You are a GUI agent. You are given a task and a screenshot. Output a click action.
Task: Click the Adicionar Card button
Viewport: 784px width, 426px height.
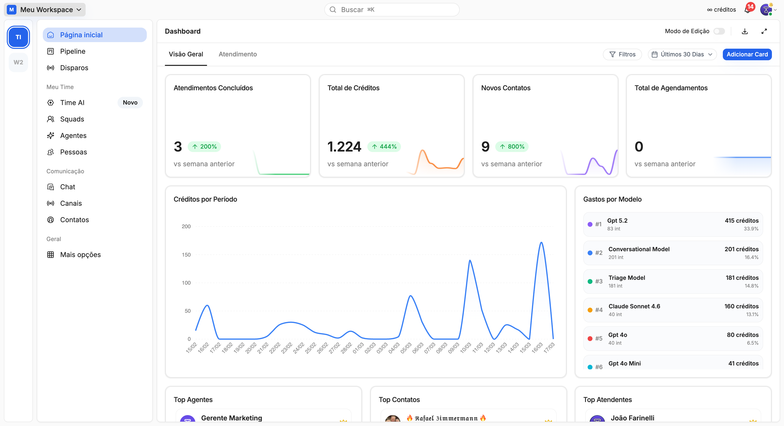click(747, 54)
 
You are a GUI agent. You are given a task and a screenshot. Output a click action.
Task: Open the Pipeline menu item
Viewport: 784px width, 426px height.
click(73, 51)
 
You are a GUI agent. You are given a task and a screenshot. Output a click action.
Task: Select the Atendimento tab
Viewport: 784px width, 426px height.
click(237, 54)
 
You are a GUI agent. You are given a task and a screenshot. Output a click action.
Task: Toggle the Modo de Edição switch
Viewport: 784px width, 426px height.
click(719, 31)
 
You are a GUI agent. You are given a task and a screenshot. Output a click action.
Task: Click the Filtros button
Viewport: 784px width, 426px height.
click(622, 54)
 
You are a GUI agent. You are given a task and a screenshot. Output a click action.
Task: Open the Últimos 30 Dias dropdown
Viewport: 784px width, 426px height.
click(682, 54)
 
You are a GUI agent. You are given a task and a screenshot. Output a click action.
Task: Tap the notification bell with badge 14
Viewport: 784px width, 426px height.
click(747, 9)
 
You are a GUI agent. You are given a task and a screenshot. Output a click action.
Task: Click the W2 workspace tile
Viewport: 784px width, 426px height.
click(18, 62)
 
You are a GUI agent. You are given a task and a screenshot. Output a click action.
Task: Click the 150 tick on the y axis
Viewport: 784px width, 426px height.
click(186, 255)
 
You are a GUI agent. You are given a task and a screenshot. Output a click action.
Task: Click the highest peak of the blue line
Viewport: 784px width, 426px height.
click(541, 243)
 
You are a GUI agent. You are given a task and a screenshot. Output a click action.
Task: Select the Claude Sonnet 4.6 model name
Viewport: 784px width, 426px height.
click(634, 306)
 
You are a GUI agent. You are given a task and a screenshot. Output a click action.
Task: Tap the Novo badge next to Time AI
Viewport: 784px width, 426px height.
click(130, 102)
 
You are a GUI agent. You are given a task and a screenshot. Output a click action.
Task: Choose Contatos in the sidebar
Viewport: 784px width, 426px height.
click(74, 220)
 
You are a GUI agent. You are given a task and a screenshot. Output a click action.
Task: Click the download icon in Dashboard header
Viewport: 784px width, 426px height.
click(745, 31)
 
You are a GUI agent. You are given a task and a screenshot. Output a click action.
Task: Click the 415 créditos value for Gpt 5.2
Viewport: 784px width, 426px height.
click(741, 220)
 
